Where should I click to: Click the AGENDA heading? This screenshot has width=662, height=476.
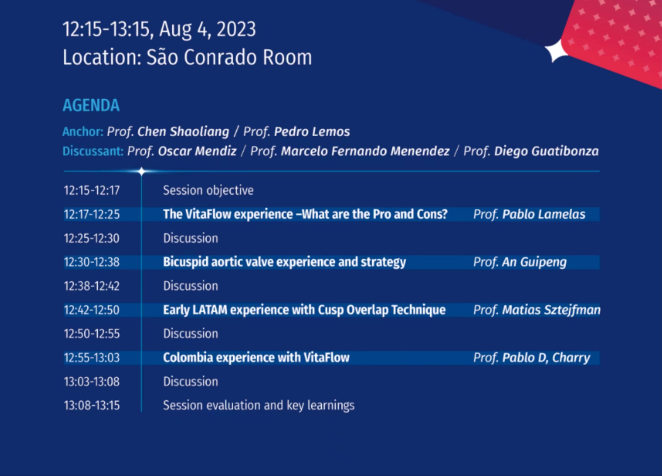coord(91,105)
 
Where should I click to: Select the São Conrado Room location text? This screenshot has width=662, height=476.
coord(229,57)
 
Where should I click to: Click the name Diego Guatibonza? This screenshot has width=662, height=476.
coord(546,151)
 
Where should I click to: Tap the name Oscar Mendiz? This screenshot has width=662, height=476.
coord(197,151)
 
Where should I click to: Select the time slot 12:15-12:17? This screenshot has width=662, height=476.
coord(92,191)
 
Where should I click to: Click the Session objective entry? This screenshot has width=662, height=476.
coord(208,191)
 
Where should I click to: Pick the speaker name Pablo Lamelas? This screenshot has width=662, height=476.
coord(544,214)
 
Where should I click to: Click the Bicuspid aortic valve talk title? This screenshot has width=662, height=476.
coord(284,262)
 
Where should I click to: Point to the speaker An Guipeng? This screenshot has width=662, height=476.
coord(534,262)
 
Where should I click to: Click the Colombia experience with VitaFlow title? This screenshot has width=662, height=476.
coord(256,358)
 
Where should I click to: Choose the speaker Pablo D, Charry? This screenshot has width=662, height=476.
coord(546,358)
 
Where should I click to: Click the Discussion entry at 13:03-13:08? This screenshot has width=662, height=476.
coord(190,382)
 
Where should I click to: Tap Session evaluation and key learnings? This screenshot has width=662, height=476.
coord(259,406)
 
